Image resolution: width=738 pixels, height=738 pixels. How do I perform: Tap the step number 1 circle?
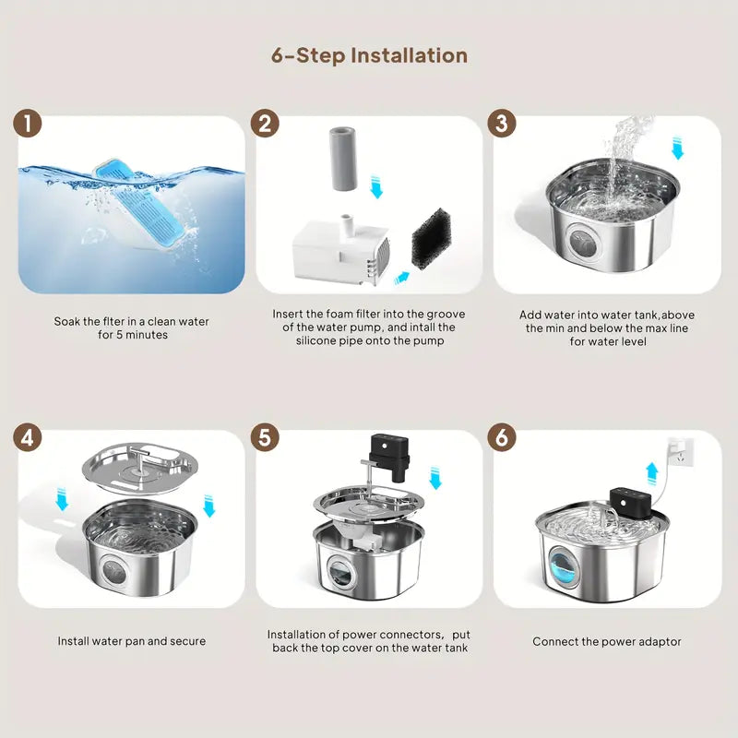coord(28,124)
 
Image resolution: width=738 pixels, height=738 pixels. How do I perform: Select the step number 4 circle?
coord(28,437)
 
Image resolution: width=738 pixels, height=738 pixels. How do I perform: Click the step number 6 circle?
coord(502,437)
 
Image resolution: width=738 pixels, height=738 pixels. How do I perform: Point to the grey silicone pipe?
coord(342,158)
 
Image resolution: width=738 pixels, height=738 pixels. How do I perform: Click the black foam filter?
coord(431,238)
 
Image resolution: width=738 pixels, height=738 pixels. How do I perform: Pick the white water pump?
coord(341,252)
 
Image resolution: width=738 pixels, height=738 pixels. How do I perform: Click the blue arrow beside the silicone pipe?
coord(376,186)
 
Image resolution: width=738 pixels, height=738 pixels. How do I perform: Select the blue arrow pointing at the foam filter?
coord(401,279)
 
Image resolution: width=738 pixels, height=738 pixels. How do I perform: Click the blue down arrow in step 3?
coord(677,148)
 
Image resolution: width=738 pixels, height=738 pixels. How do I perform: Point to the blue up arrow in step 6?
coord(652,473)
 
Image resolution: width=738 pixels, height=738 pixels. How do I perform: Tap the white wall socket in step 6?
coord(681,451)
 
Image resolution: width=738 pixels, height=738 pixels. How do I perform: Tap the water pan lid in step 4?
coord(137,469)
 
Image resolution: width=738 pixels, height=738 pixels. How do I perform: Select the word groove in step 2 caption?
coord(446,315)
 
